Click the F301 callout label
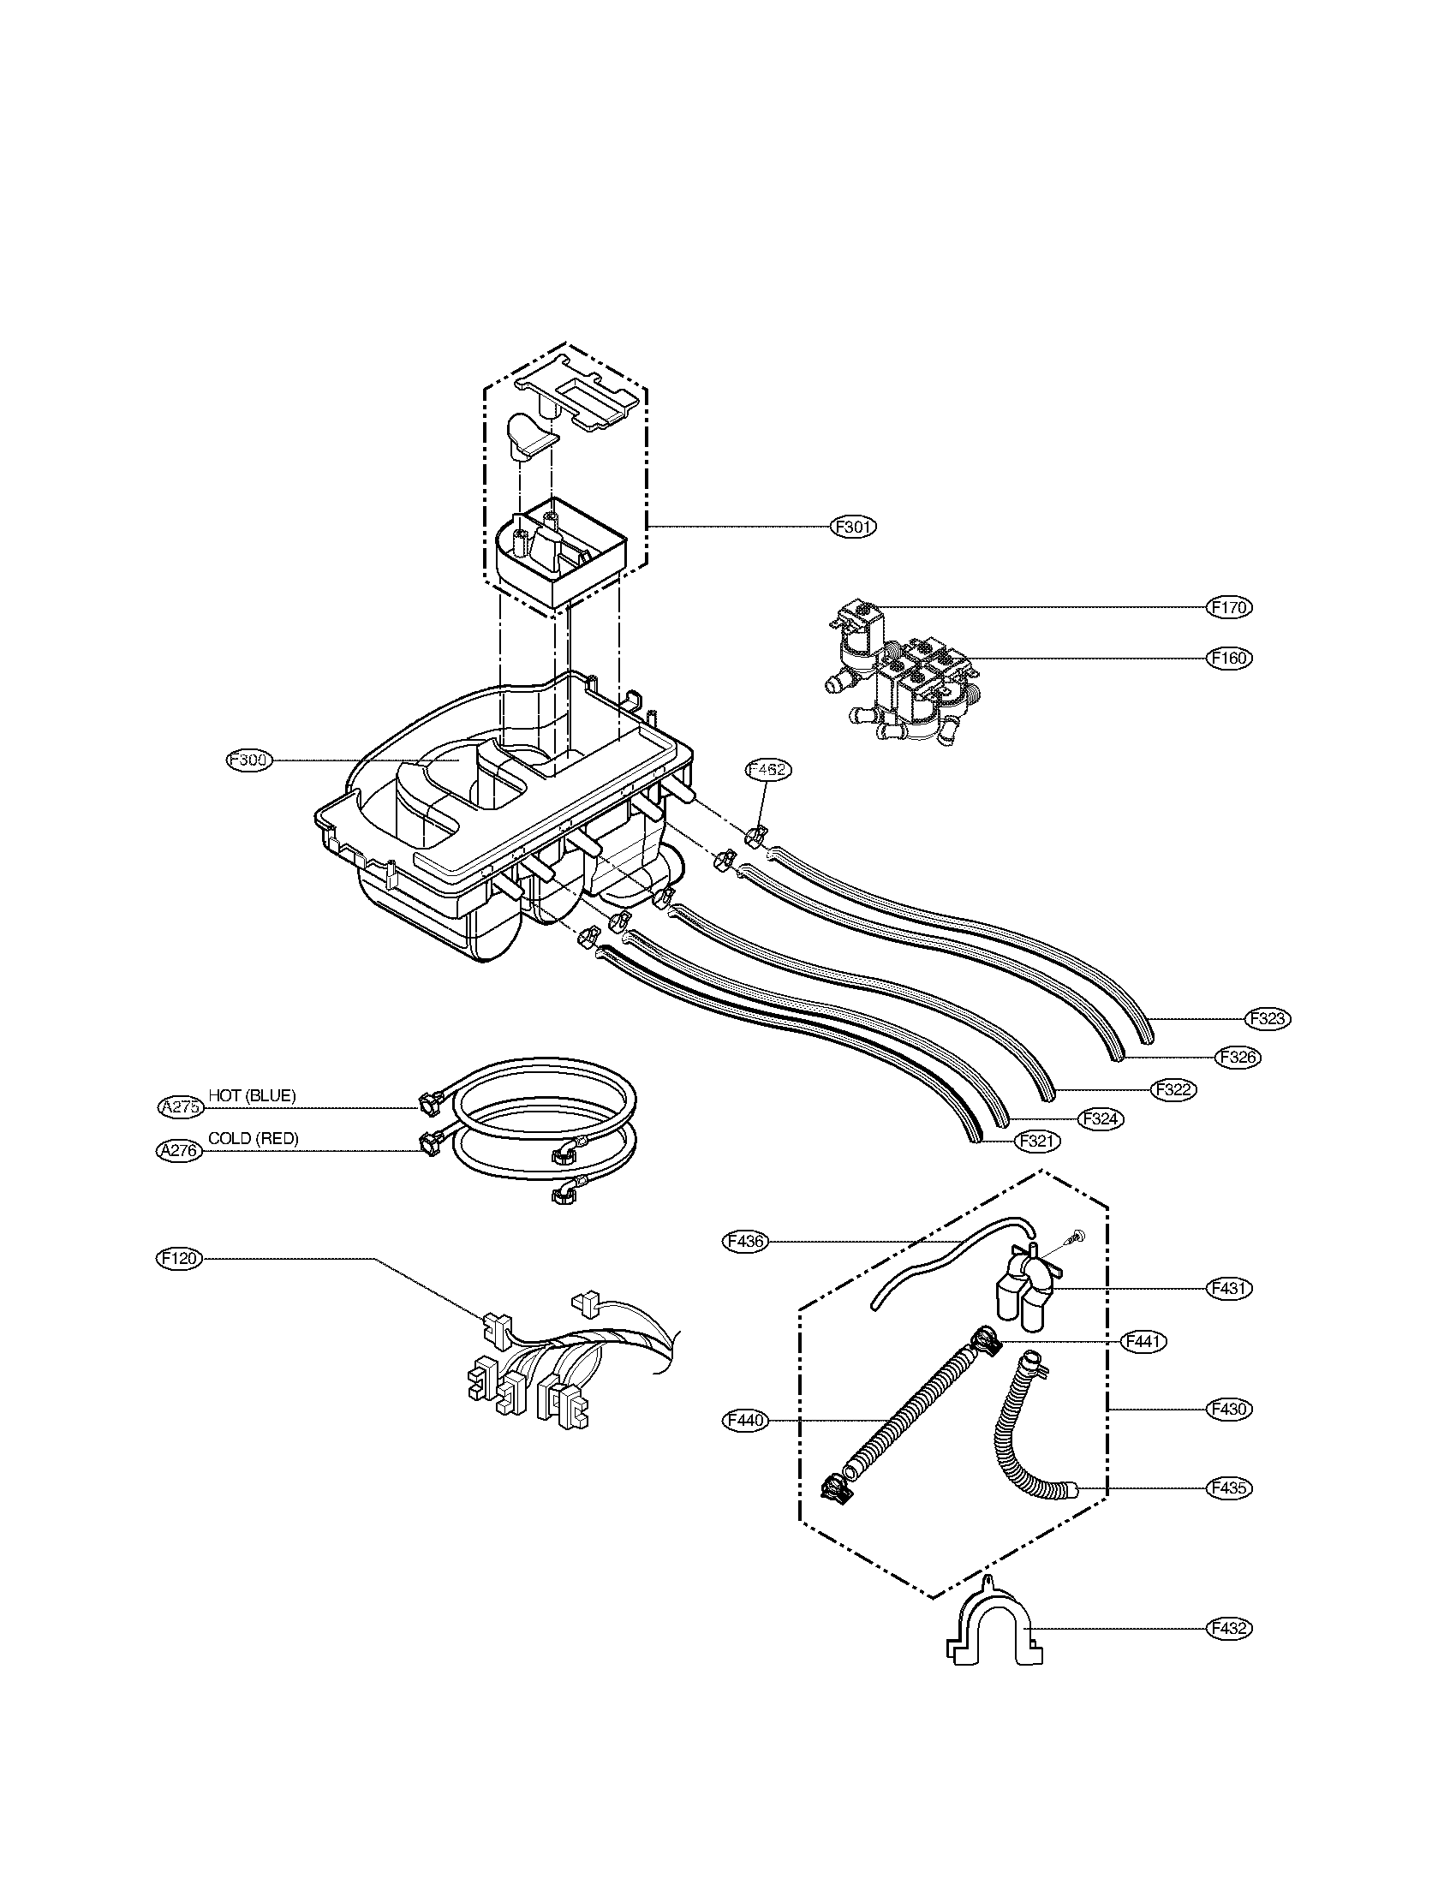click(853, 526)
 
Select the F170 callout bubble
click(1228, 607)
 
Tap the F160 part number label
click(1228, 659)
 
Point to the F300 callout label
click(248, 760)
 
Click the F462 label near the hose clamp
click(767, 770)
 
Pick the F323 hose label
click(1268, 1019)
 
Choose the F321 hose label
click(1038, 1141)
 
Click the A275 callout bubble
click(181, 1107)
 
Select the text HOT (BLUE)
click(252, 1095)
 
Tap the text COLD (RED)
click(254, 1139)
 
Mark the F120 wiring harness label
click(178, 1259)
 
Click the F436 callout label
click(743, 1242)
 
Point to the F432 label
click(1228, 1629)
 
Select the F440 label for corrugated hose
click(743, 1420)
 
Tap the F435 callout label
click(1228, 1488)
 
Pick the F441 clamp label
click(1143, 1341)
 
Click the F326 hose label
click(1238, 1057)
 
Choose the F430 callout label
click(1228, 1409)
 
